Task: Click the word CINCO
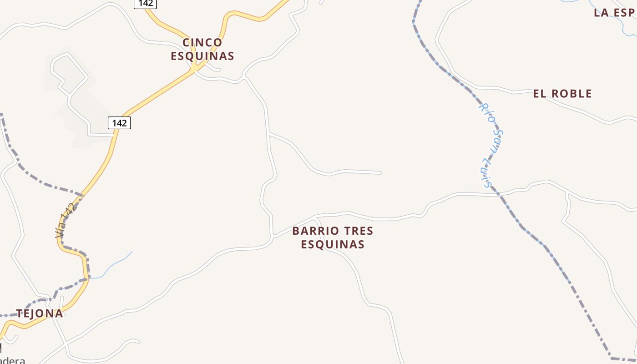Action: click(x=202, y=42)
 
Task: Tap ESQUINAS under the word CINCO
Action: click(x=202, y=56)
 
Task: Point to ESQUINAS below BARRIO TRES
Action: click(x=333, y=244)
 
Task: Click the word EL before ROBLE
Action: click(x=539, y=94)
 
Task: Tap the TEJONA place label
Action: click(x=40, y=313)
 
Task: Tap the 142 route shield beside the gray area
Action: click(x=119, y=123)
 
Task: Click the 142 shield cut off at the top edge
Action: click(x=145, y=4)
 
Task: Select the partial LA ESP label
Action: click(x=614, y=13)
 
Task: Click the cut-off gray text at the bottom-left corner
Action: click(x=13, y=360)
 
